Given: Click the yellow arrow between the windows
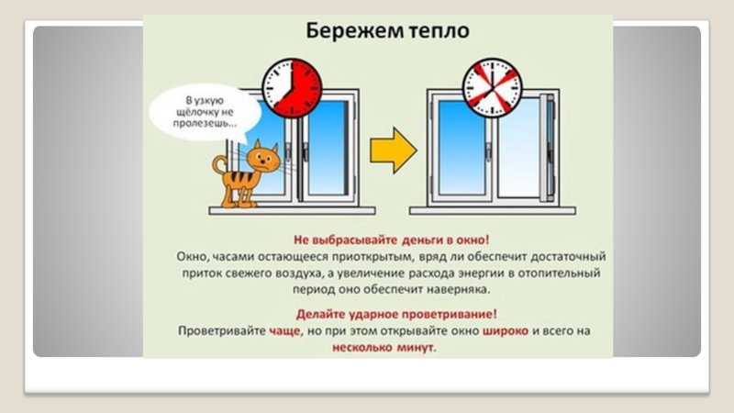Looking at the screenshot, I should [390, 147].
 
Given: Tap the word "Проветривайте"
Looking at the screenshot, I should [220, 330].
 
